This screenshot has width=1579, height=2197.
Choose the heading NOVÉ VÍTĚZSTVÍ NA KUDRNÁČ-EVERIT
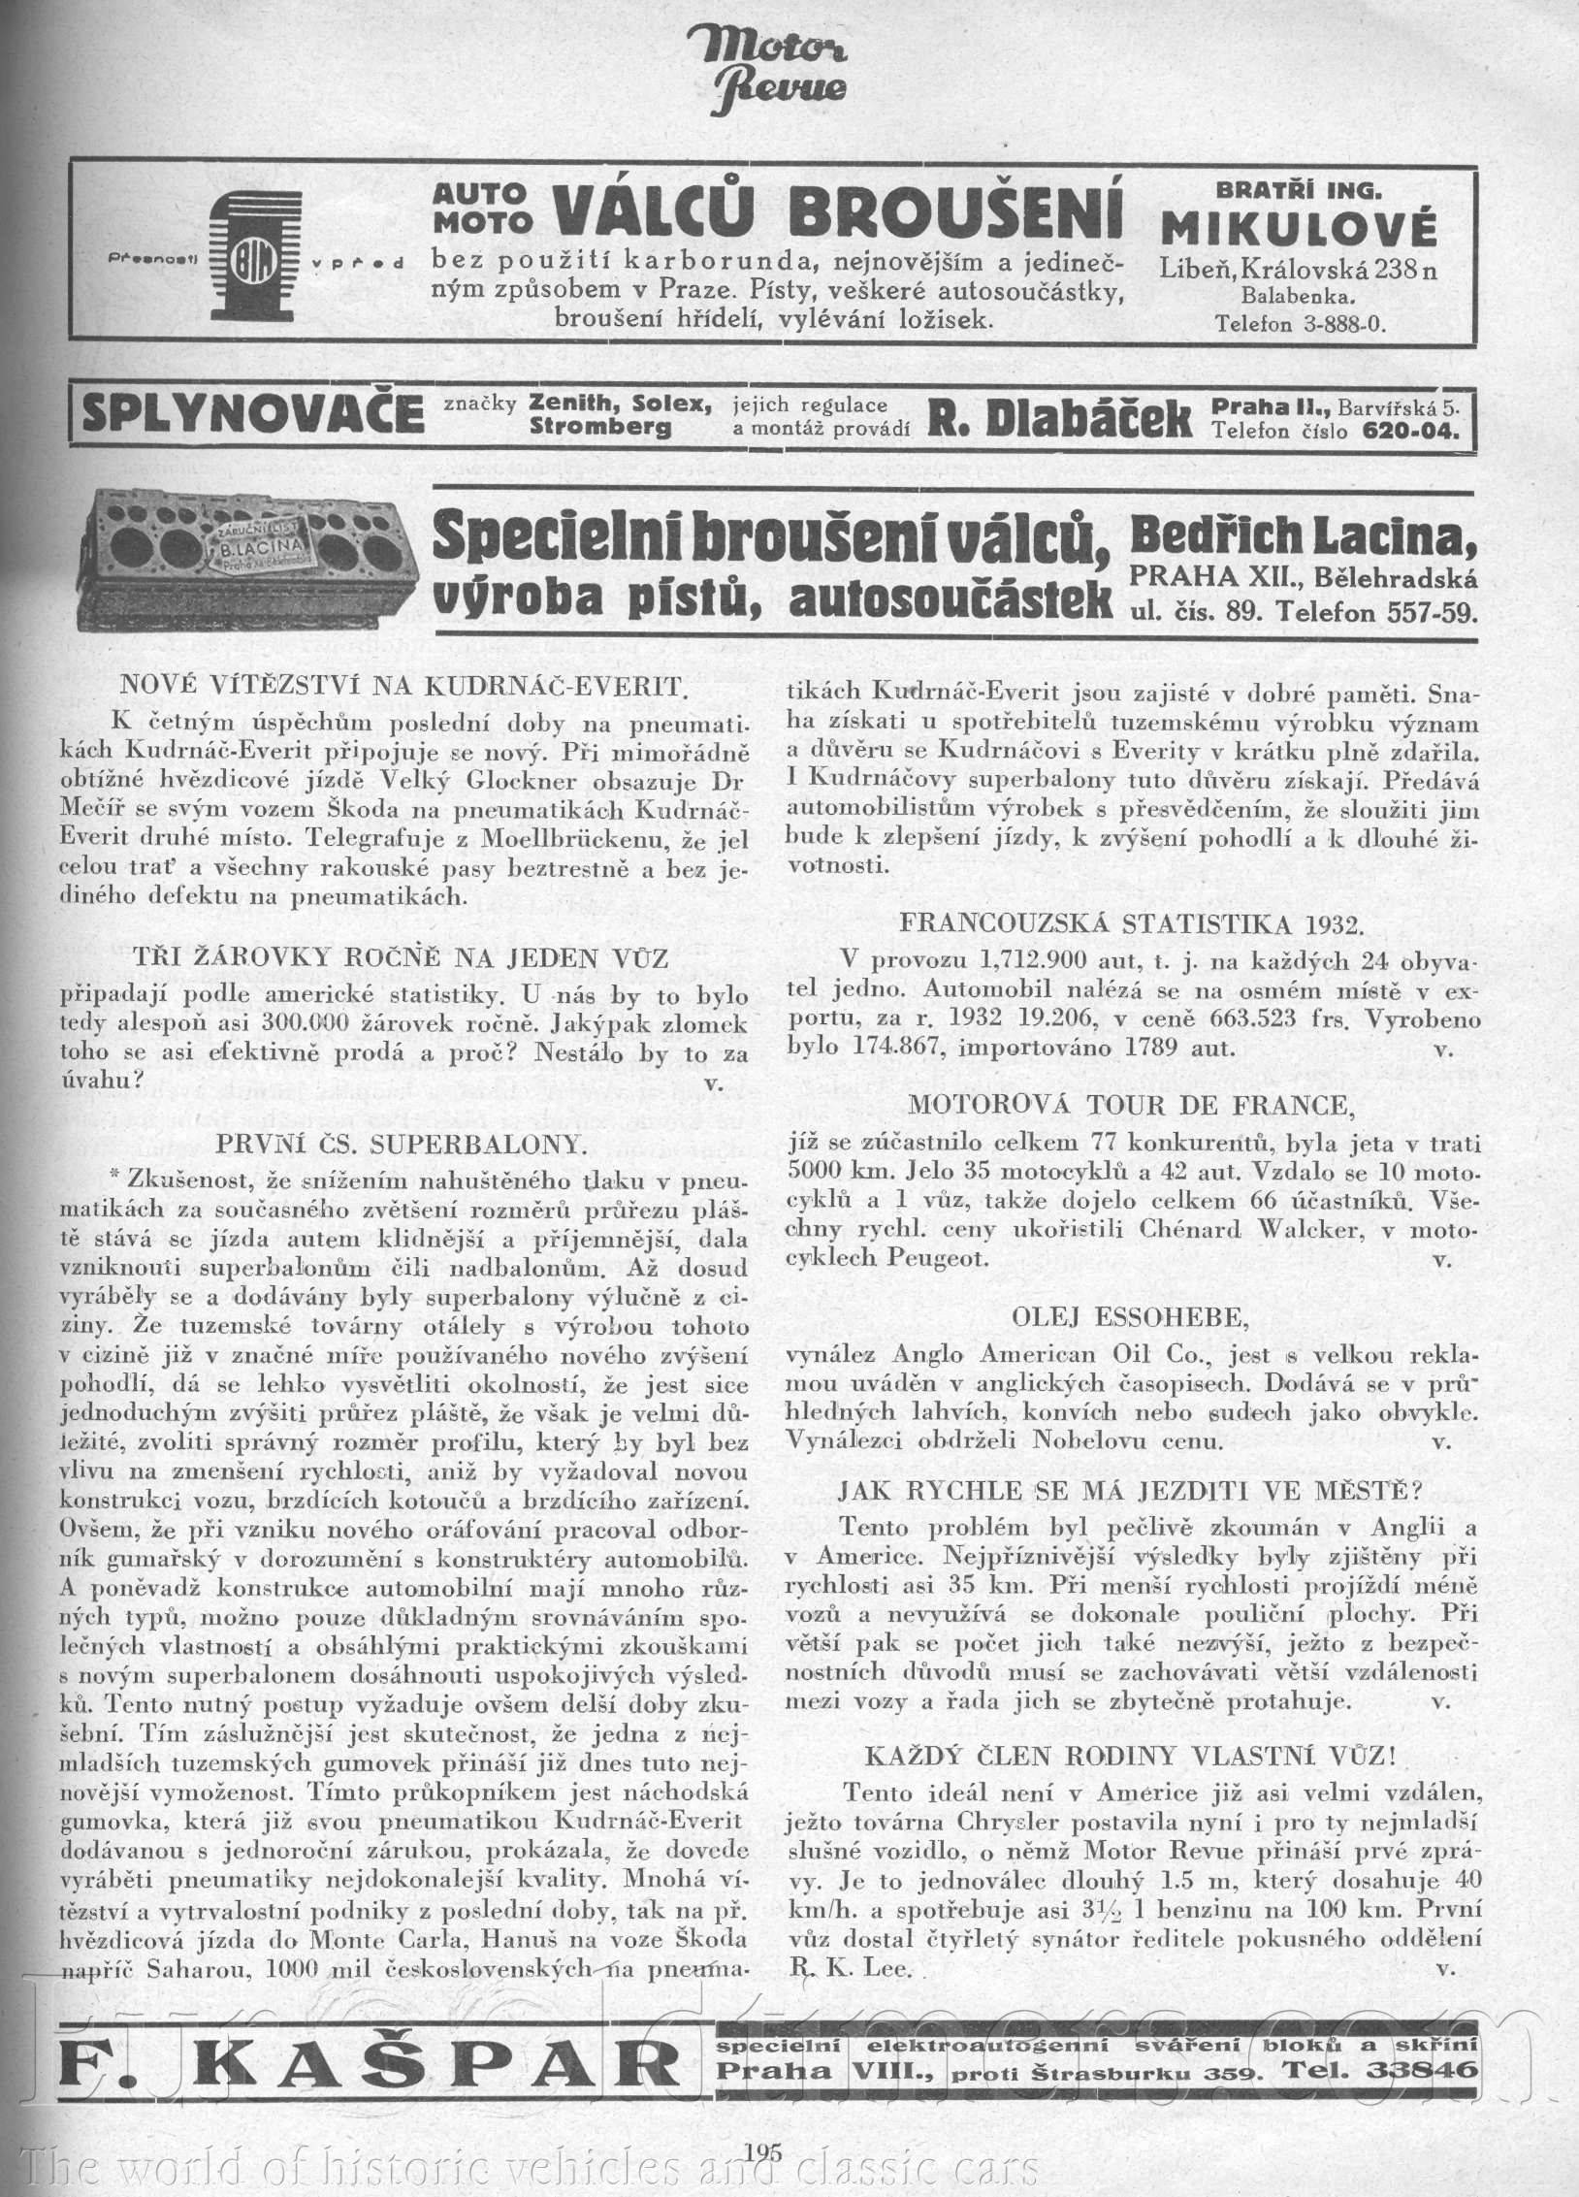(x=403, y=687)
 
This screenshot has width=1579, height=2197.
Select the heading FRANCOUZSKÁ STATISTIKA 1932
(x=1132, y=922)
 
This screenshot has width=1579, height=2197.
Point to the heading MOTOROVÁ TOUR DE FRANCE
(x=1131, y=1105)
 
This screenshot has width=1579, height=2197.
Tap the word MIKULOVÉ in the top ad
(x=1299, y=232)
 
